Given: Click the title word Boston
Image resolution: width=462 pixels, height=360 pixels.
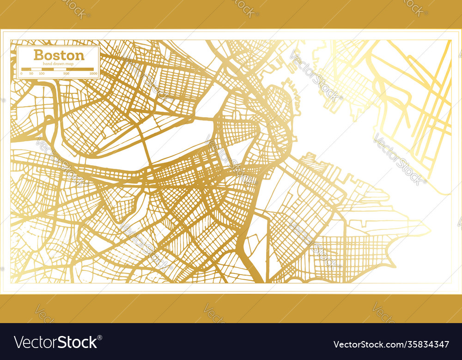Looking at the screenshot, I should [59, 55].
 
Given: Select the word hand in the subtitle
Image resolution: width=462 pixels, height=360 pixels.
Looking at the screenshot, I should [47, 63].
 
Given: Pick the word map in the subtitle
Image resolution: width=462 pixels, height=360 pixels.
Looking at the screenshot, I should [69, 63].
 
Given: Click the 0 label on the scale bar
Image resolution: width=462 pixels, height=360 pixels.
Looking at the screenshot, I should [21, 73].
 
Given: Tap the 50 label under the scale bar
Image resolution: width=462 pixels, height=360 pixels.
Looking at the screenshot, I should [31, 73].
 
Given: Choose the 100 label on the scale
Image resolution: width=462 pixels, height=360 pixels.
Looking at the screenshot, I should [42, 73].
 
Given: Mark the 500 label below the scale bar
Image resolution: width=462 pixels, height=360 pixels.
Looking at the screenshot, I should [66, 73].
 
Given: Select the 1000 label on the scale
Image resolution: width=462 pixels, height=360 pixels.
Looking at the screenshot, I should [93, 73].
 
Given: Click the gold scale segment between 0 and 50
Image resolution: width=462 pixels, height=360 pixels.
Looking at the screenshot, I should [26, 69].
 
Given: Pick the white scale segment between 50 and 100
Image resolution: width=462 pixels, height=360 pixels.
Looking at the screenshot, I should [36, 69].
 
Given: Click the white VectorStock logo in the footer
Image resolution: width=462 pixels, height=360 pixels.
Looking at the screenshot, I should [57, 342].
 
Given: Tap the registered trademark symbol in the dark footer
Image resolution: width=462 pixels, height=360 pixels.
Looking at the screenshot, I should [100, 337].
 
